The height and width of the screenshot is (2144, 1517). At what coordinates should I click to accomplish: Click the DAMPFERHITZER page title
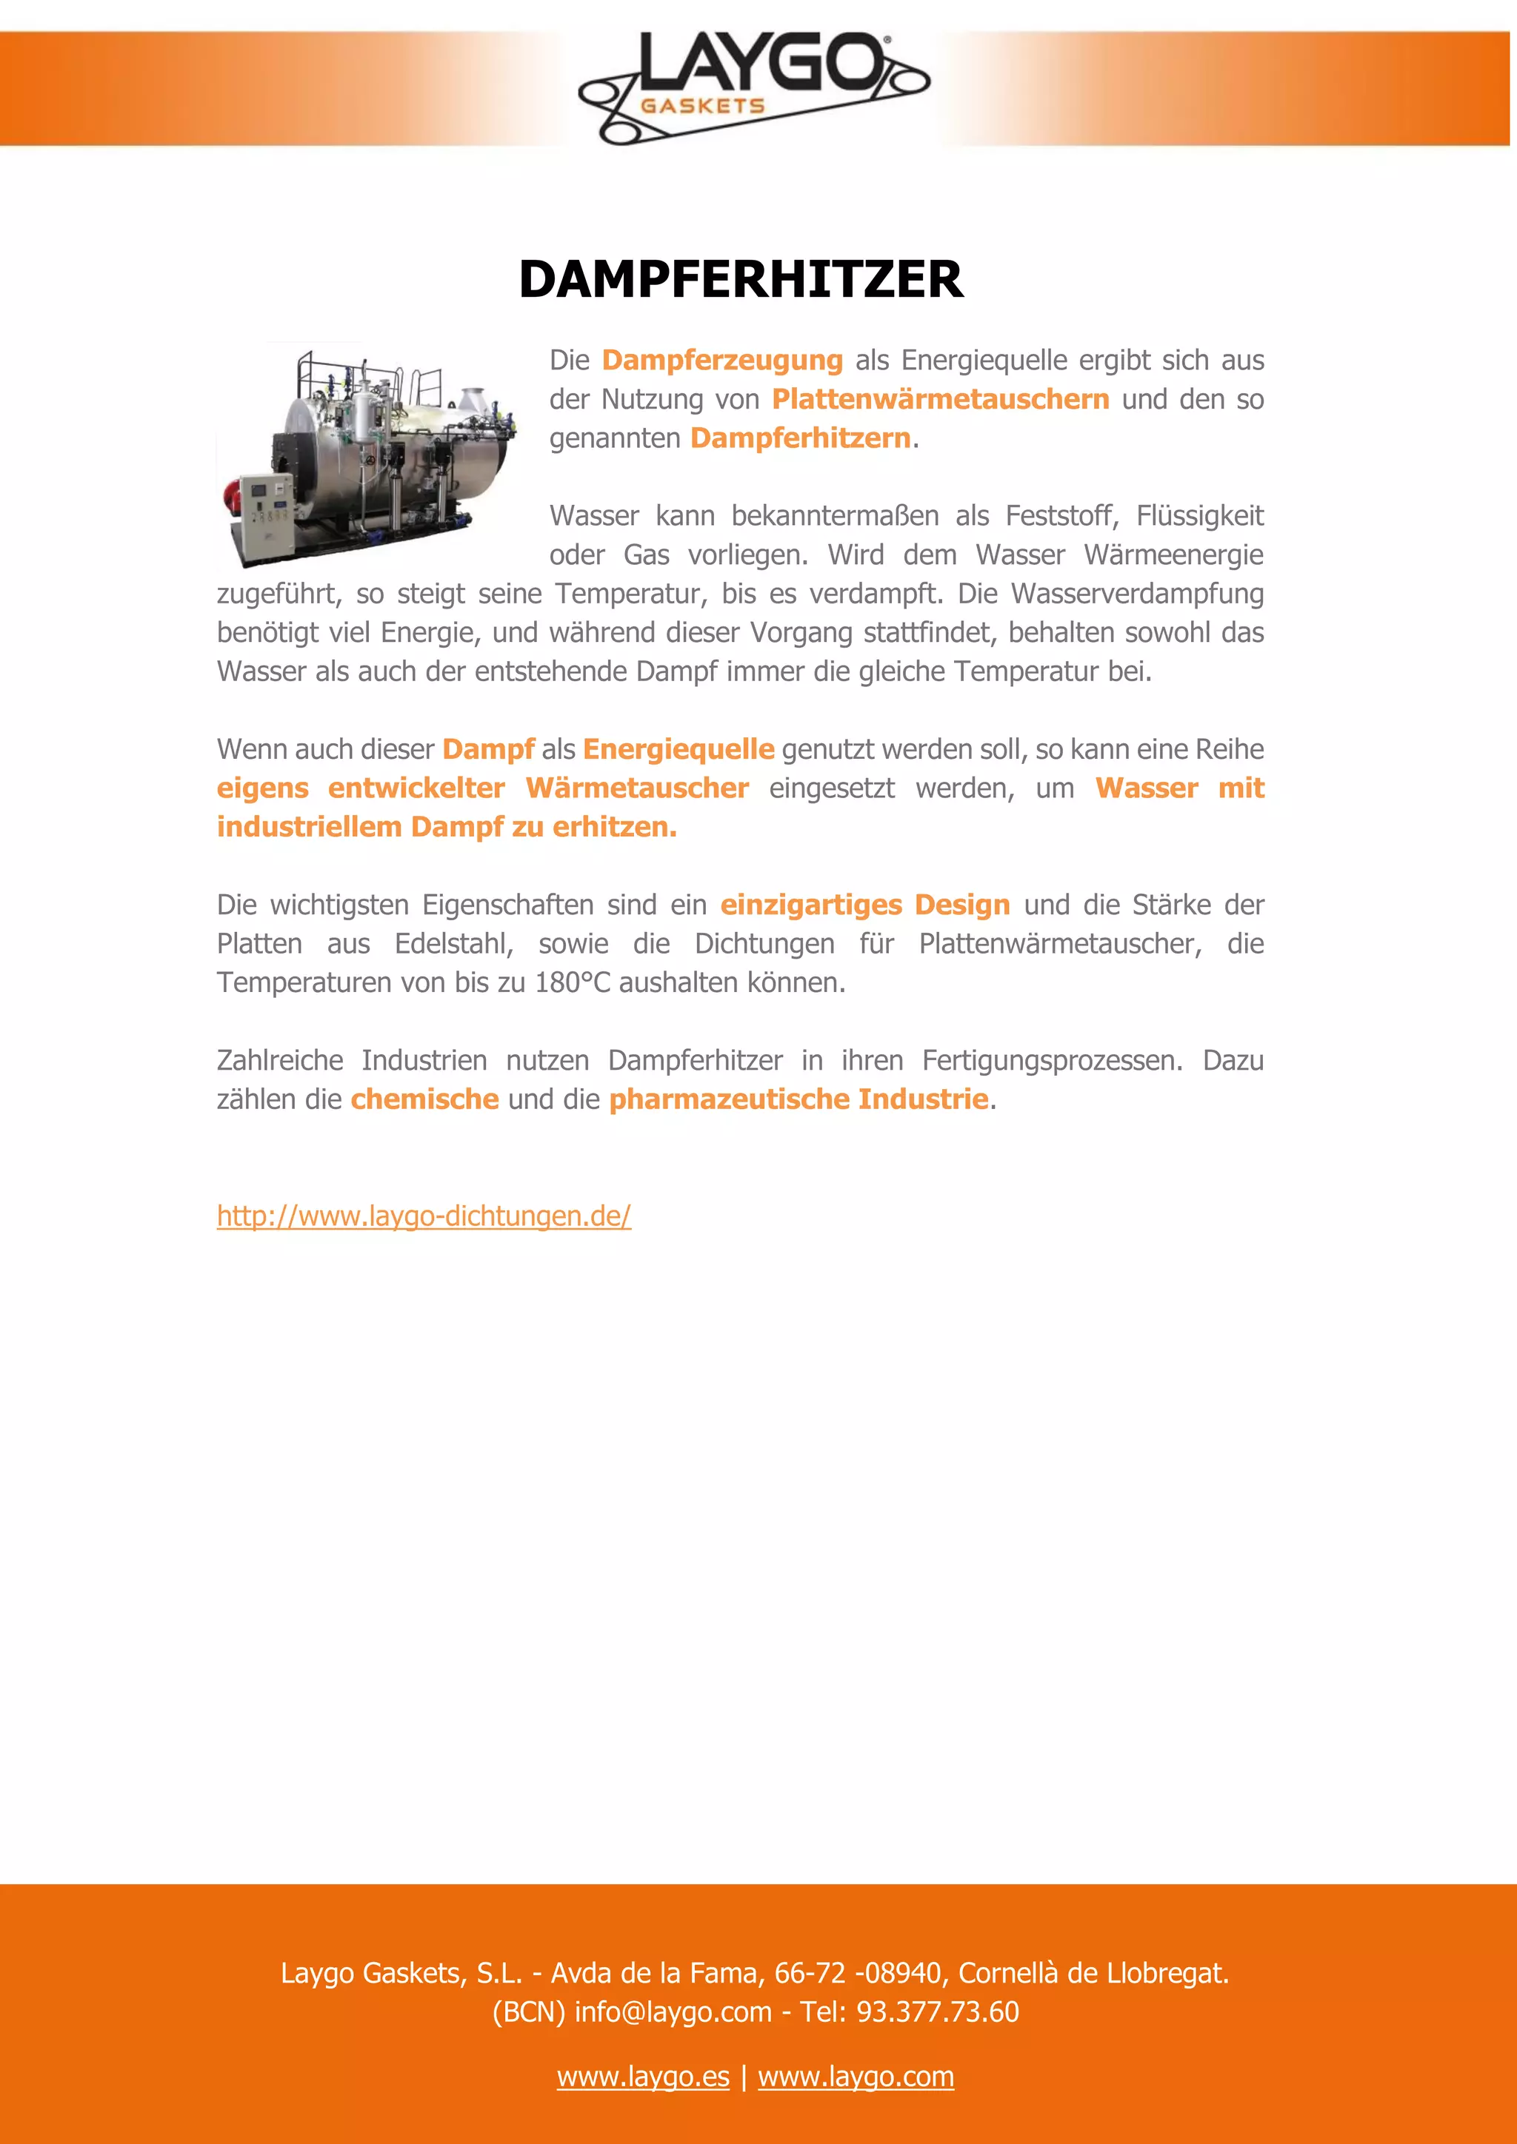coord(741,279)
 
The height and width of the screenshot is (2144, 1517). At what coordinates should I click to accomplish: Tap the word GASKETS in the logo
coord(702,107)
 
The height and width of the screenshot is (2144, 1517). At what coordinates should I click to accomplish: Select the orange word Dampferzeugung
coord(722,361)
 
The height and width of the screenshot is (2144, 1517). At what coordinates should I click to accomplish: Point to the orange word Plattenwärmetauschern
coord(941,400)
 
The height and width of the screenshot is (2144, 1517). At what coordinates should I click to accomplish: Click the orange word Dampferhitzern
coord(801,438)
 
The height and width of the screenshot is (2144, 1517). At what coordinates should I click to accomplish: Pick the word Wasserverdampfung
coord(1137,594)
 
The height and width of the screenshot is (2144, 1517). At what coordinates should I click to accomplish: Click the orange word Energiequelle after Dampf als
coord(679,749)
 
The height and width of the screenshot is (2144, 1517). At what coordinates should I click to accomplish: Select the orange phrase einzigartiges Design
coord(865,905)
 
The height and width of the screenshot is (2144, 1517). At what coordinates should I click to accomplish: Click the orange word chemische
coord(425,1100)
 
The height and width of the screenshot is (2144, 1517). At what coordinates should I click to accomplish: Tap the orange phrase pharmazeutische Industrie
coord(798,1100)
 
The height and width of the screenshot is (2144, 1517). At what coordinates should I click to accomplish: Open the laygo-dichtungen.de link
coord(424,1216)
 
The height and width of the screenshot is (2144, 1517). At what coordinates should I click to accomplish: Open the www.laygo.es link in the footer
coord(643,2077)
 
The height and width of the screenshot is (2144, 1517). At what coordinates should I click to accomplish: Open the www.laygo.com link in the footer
coord(856,2077)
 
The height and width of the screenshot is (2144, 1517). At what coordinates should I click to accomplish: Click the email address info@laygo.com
coord(673,2011)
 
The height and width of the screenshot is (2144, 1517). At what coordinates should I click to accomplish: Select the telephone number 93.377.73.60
coord(937,2011)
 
